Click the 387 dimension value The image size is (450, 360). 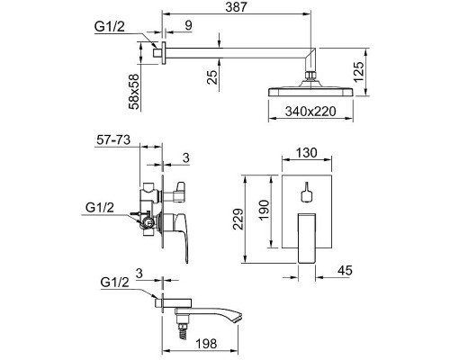point(237,6)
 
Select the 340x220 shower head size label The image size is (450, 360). point(310,112)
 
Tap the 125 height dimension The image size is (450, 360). point(359,72)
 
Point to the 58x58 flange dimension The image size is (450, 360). point(134,92)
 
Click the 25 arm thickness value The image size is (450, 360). point(212,77)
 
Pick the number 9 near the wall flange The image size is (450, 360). point(188,25)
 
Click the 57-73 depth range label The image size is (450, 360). point(113,139)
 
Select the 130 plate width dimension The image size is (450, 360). point(306,153)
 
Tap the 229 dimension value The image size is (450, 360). point(238,219)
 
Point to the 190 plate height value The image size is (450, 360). point(265,210)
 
